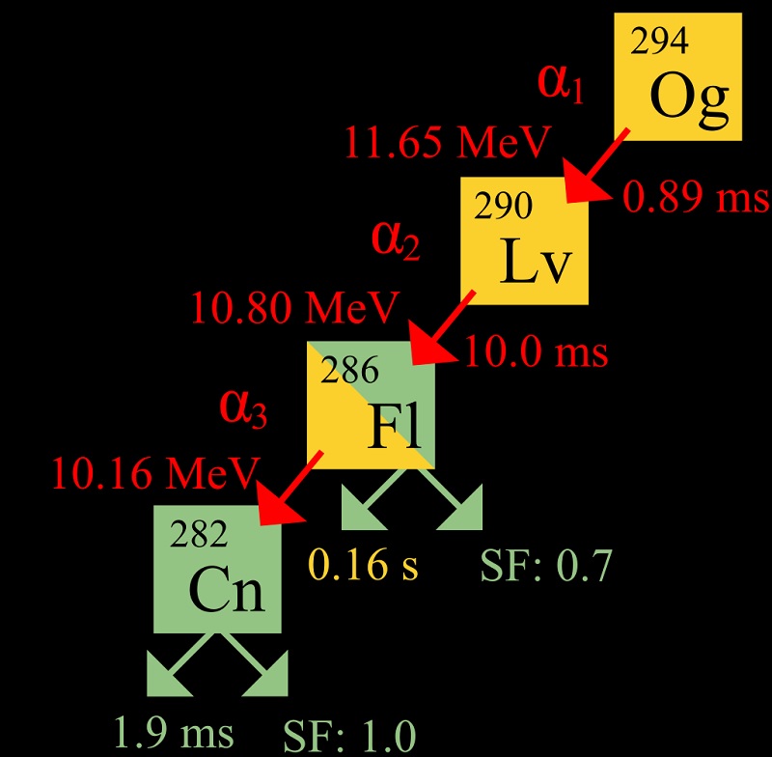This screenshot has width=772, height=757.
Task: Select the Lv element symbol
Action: (x=537, y=262)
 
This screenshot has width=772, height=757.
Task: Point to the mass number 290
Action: (x=503, y=207)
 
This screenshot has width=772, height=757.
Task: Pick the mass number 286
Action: (x=349, y=369)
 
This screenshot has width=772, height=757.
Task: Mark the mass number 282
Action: (x=200, y=533)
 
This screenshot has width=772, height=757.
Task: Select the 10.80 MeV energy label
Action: (x=294, y=309)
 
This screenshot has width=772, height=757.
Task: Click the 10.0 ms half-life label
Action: (x=537, y=351)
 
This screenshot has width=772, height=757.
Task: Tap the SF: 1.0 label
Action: (x=348, y=736)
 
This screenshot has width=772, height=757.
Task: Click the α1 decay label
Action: (x=561, y=85)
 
